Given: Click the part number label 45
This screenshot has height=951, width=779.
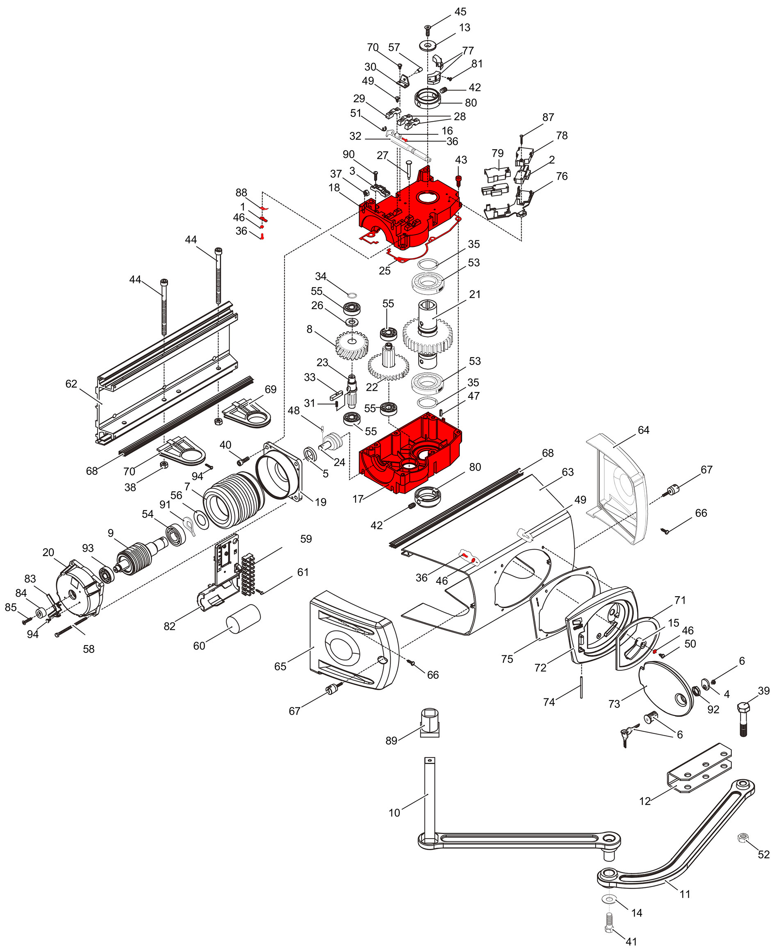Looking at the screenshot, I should point(460,11).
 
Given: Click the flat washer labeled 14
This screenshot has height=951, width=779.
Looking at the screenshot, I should point(609,899).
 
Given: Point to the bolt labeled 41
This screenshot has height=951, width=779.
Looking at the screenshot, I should point(609,923).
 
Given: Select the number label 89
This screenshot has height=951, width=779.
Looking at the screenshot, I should point(391,740).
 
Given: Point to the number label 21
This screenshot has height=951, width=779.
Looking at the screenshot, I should point(475,294).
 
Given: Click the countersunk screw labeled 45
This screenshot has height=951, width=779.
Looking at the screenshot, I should point(427,30).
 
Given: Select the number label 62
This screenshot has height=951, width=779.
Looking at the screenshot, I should point(71,384).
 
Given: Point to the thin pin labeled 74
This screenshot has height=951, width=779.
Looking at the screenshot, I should point(581,688).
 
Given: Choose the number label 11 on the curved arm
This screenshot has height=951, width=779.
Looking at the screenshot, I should point(684,894).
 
